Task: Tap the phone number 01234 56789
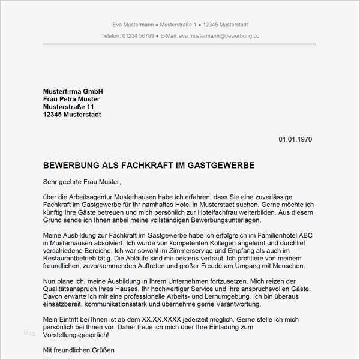point(137,36)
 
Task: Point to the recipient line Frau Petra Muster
point(71,99)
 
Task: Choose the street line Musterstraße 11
point(69,107)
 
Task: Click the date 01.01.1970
point(295,139)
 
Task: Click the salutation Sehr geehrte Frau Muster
point(82,181)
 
